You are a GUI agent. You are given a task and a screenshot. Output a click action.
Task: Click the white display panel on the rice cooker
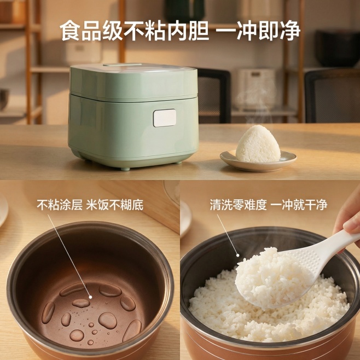(x=164, y=118)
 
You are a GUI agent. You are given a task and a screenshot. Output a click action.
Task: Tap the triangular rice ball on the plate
(x=258, y=145)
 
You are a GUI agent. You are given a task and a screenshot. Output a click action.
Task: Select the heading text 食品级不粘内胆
(x=134, y=31)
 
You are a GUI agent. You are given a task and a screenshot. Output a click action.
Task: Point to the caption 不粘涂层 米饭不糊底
(x=90, y=205)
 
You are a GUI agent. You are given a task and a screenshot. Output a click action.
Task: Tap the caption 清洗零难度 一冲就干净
(x=268, y=205)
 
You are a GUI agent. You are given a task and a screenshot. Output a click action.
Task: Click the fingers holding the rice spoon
(x=349, y=219)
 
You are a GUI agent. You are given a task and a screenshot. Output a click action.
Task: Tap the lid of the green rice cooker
(x=133, y=79)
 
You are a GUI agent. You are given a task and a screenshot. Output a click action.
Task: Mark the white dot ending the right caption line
(x=237, y=255)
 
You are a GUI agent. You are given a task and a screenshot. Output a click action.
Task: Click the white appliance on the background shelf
(x=254, y=88)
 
